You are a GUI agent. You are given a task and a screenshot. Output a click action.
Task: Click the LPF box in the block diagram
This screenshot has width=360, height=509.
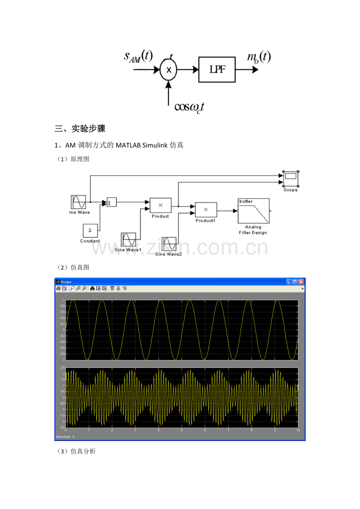[217, 70]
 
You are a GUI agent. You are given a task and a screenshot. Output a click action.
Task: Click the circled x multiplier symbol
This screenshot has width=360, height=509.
[169, 70]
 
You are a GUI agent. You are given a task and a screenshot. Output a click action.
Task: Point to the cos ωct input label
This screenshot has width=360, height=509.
[189, 106]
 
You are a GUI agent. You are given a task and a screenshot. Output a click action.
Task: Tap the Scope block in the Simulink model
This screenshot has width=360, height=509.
[290, 178]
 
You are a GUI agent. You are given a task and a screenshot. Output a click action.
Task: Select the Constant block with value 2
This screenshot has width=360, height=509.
[90, 230]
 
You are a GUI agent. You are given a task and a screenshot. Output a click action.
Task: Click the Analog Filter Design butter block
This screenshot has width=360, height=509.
[254, 211]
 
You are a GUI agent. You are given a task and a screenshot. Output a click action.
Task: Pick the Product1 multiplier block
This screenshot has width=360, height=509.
[206, 210]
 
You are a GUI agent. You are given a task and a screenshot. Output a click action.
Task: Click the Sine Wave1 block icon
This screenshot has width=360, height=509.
[128, 239]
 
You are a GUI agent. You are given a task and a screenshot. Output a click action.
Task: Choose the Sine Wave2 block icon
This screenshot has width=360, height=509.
[169, 244]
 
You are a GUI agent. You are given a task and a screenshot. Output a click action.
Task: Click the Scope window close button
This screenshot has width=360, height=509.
[301, 281]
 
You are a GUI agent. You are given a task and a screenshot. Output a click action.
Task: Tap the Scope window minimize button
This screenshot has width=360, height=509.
[289, 281]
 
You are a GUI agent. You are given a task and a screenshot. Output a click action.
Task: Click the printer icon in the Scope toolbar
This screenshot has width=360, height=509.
[58, 289]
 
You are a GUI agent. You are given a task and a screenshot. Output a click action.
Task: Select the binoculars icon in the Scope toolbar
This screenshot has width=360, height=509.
[92, 289]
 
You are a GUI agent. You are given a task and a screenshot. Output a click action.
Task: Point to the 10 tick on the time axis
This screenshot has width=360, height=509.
[298, 430]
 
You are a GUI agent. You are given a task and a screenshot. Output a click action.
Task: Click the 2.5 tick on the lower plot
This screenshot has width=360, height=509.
[62, 368]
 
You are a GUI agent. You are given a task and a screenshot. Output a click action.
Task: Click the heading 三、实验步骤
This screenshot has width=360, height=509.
[80, 129]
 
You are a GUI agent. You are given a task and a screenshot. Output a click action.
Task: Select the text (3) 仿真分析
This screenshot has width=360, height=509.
[76, 452]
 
